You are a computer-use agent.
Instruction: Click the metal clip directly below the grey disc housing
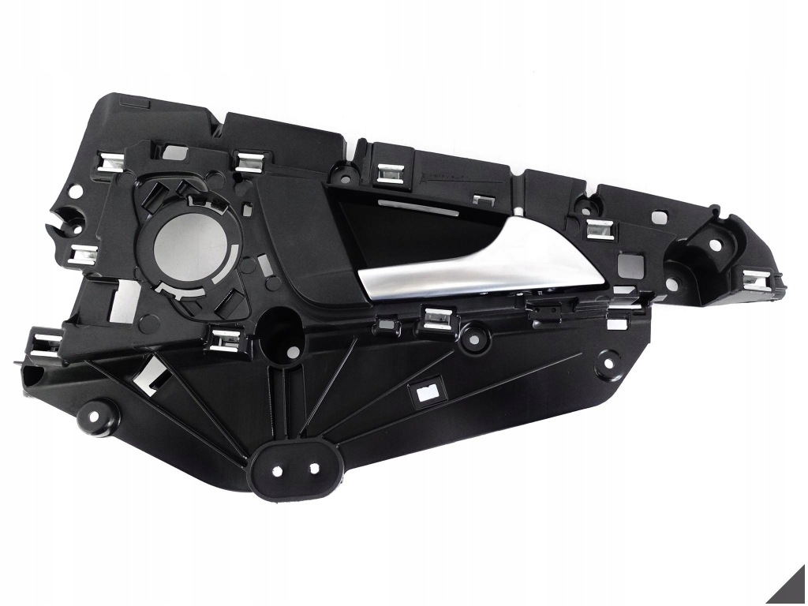coord(225,338)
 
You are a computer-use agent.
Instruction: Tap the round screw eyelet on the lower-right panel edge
coord(606,359)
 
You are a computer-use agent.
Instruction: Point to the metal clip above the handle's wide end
coord(601,229)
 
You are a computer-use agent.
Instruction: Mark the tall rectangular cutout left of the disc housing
coord(120,300)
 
